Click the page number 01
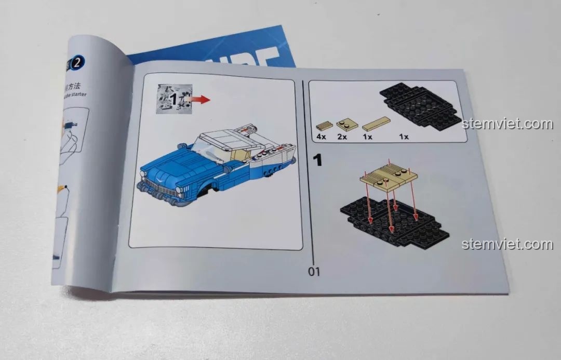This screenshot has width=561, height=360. click(x=314, y=271)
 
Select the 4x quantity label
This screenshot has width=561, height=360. click(x=321, y=137)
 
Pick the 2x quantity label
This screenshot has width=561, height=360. click(x=342, y=137)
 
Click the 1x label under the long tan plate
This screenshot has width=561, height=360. click(x=368, y=137)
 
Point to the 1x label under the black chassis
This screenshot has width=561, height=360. click(x=404, y=137)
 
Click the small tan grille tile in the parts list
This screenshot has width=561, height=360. click(x=323, y=126)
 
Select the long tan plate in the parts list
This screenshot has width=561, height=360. click(x=376, y=124)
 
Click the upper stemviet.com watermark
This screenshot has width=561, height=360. click(x=507, y=124)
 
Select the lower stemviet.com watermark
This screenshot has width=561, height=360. click(x=507, y=244)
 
